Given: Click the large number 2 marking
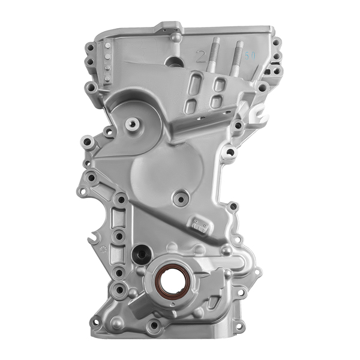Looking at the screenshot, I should tap(200, 57).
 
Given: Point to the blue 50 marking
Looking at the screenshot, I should tap(250, 55).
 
